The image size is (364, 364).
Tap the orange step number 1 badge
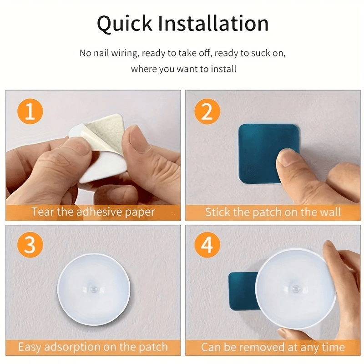[30, 111]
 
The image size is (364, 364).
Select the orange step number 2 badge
[207, 111]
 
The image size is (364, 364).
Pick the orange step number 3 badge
[30, 246]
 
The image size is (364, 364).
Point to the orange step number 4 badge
[207, 246]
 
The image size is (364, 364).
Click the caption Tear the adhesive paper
[93, 212]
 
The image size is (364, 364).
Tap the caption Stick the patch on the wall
[273, 212]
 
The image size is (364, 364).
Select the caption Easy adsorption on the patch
[93, 347]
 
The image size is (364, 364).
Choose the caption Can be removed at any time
[273, 347]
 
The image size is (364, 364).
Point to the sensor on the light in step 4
[296, 289]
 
